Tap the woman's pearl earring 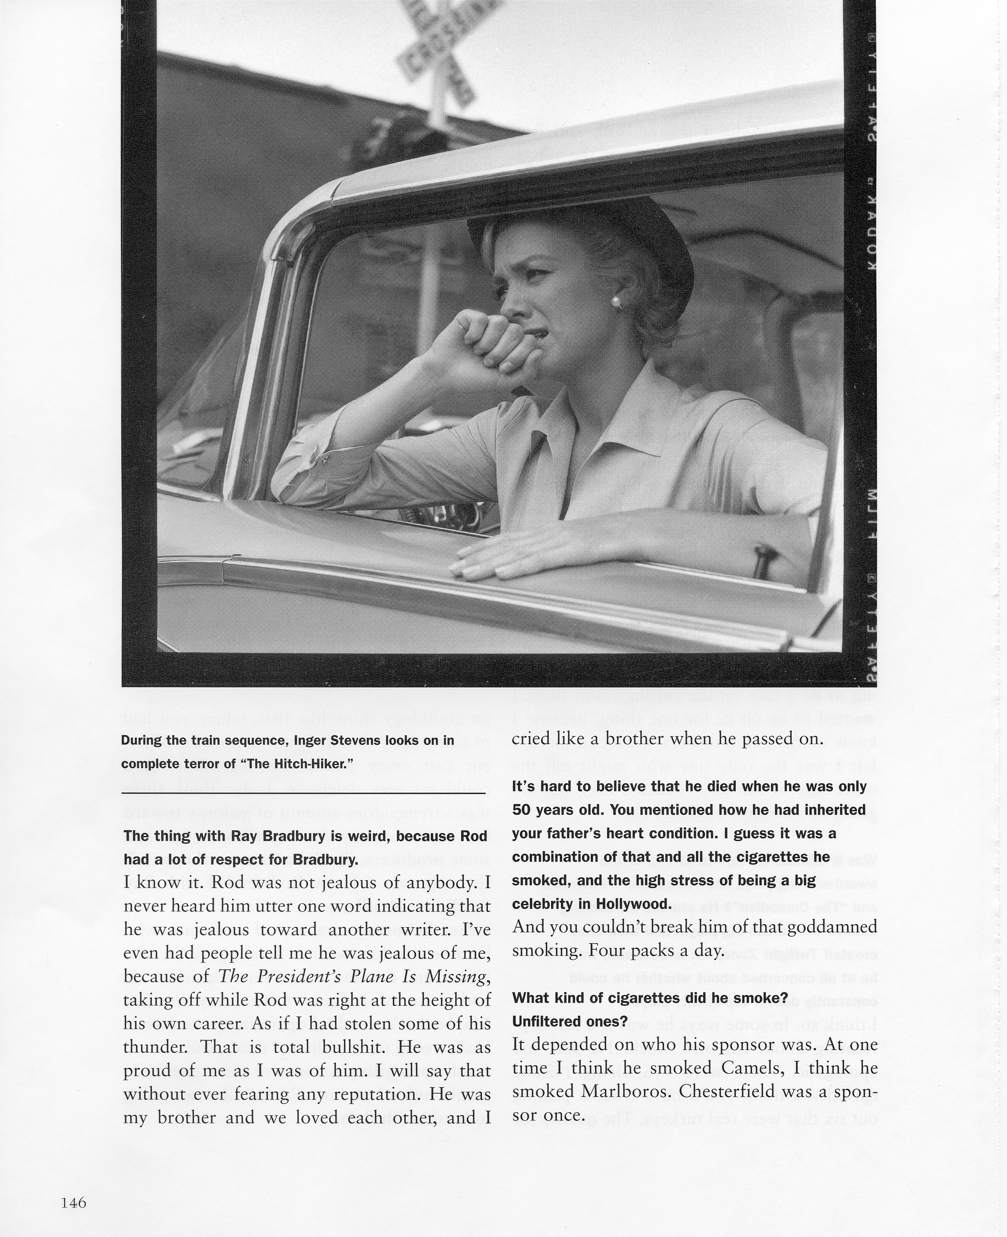pos(616,301)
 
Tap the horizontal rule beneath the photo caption pos(303,793)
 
